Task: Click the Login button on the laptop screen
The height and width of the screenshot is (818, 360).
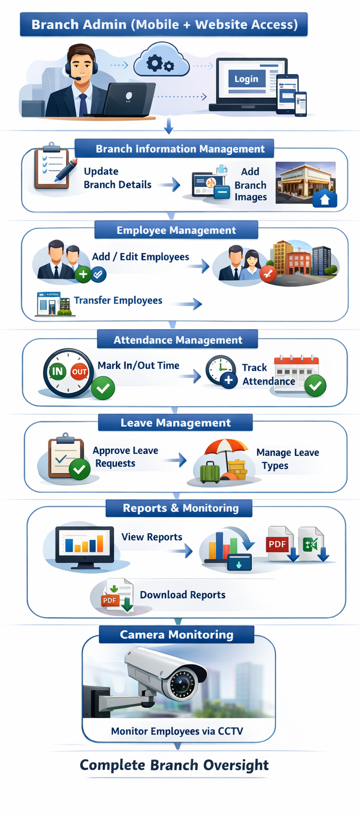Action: click(246, 79)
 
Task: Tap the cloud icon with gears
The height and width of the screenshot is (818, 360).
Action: click(161, 63)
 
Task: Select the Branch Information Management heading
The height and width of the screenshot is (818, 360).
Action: click(180, 149)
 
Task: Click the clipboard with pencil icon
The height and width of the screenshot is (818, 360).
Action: click(53, 166)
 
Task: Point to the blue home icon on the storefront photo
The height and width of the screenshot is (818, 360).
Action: click(324, 198)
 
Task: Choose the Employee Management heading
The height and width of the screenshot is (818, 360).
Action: click(176, 230)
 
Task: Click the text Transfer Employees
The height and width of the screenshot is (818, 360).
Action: click(118, 300)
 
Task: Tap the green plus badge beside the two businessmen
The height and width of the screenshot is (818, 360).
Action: click(83, 275)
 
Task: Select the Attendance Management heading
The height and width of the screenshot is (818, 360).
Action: click(178, 340)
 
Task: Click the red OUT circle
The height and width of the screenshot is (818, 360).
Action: click(79, 372)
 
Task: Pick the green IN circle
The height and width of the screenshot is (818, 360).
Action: click(57, 371)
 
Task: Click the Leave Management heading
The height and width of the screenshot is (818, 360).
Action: click(176, 423)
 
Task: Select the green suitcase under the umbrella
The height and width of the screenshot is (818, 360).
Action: click(210, 471)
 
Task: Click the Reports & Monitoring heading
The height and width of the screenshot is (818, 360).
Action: click(181, 508)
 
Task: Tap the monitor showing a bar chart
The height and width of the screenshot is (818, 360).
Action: click(85, 545)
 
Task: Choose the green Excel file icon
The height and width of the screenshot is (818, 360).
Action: click(311, 543)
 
